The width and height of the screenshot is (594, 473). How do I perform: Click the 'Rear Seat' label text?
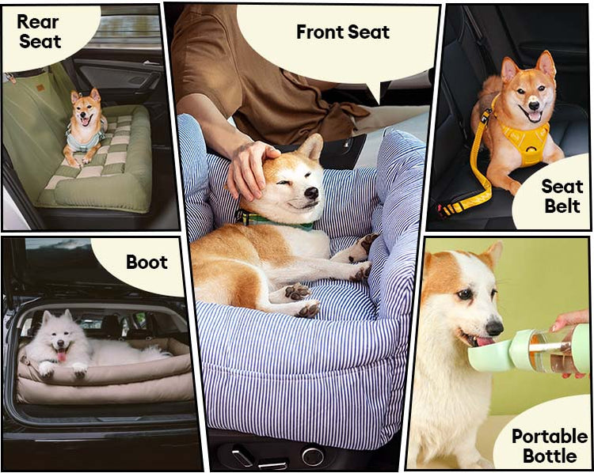(39, 32)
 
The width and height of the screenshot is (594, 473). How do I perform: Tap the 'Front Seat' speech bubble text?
(343, 32)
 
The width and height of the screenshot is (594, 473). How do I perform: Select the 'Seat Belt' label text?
(562, 196)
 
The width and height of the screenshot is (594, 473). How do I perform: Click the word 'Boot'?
(147, 263)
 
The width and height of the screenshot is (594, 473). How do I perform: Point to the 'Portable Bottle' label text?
(550, 446)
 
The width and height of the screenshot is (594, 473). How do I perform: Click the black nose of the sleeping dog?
(311, 193)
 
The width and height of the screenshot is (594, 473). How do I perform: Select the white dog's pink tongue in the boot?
(62, 356)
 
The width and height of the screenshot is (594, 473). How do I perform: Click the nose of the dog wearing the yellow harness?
(534, 105)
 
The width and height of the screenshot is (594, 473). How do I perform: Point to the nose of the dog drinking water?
(494, 327)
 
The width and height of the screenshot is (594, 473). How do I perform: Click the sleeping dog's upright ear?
(313, 146)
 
